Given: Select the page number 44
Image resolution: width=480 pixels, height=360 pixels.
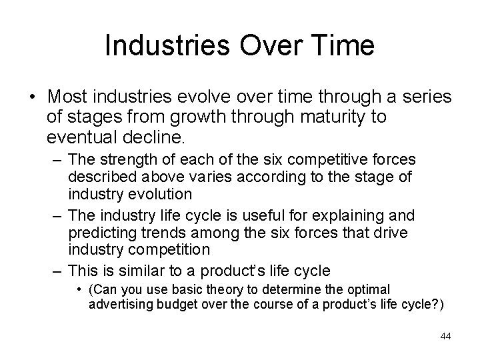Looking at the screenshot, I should [x=445, y=336].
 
